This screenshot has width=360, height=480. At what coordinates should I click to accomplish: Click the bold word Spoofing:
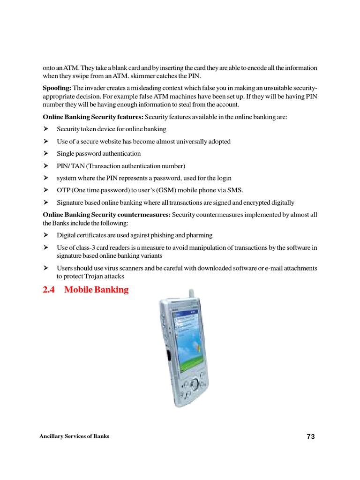57,88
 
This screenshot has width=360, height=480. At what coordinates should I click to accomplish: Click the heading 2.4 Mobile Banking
85,290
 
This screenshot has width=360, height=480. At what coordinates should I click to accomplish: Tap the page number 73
311,436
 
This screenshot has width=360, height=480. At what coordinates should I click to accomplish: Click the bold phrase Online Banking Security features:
93,117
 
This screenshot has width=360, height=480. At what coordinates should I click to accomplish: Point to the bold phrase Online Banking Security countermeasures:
107,215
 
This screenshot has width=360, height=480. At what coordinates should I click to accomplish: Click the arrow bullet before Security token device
46,129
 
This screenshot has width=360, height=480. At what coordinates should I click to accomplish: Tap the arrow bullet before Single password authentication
46,153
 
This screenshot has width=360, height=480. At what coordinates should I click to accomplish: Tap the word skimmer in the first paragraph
149,76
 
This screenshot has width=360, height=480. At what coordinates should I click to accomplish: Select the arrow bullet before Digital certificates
46,235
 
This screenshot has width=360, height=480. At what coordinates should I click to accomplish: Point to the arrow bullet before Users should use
46,268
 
